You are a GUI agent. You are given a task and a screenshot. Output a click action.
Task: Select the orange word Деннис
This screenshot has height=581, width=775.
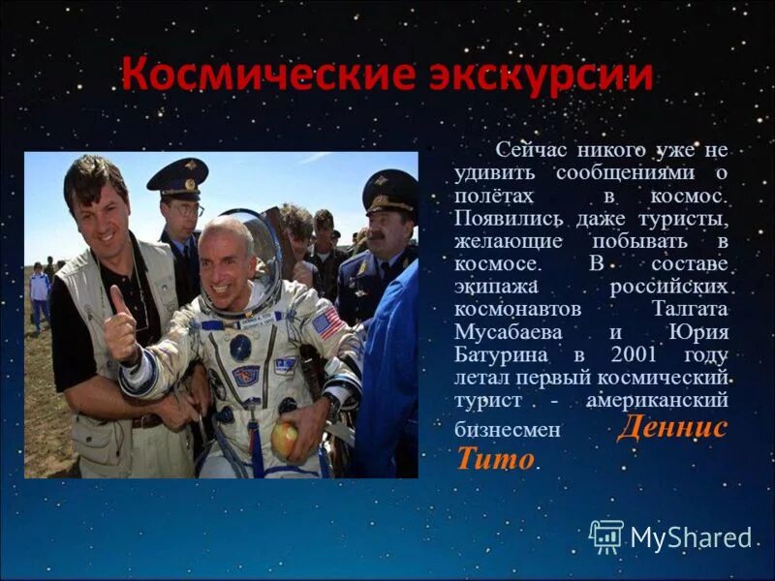click(671, 427)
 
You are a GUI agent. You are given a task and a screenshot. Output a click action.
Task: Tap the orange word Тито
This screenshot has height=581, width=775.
click(494, 458)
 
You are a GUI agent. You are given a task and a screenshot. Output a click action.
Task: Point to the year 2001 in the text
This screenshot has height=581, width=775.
click(635, 354)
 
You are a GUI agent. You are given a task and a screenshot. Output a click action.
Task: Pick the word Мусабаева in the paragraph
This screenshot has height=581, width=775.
click(503, 334)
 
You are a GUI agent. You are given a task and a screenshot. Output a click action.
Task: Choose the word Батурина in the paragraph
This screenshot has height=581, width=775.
click(500, 354)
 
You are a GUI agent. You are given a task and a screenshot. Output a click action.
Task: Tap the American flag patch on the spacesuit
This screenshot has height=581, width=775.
click(326, 321)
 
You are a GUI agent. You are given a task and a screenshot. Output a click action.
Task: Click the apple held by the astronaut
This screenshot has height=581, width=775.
click(284, 440)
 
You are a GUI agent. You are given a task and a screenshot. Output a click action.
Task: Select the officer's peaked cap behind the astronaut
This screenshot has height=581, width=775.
click(177, 176)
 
